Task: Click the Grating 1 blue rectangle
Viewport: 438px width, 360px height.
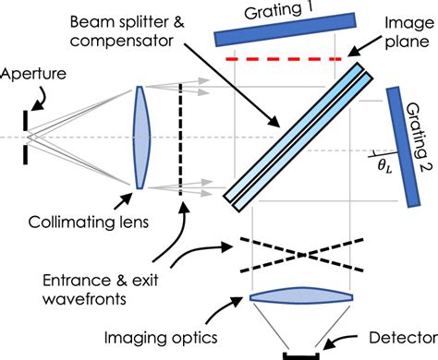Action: point(286,30)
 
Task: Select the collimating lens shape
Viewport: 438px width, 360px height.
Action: point(140,138)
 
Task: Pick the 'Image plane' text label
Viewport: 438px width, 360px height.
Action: point(398,32)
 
